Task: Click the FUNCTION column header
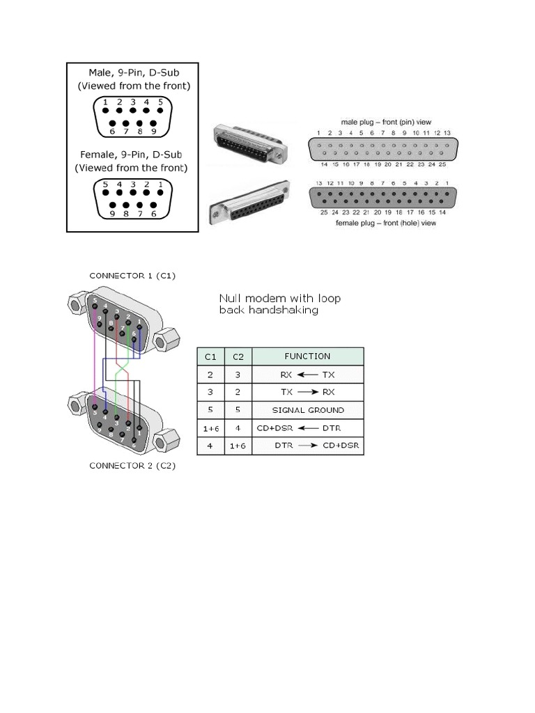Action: (307, 356)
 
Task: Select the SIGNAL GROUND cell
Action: (307, 410)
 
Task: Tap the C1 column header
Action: (210, 356)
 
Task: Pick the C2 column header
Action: (238, 356)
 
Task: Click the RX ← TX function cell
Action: (307, 374)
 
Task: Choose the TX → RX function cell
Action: (307, 392)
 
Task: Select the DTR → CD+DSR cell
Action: (307, 446)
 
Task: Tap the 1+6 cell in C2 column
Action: (238, 446)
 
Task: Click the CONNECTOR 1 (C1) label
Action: (132, 276)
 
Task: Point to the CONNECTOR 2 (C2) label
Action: (132, 466)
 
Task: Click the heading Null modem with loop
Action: (280, 299)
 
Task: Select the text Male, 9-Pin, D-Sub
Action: (132, 72)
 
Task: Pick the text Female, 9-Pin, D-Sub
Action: (132, 154)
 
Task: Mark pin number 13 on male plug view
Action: (447, 132)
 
